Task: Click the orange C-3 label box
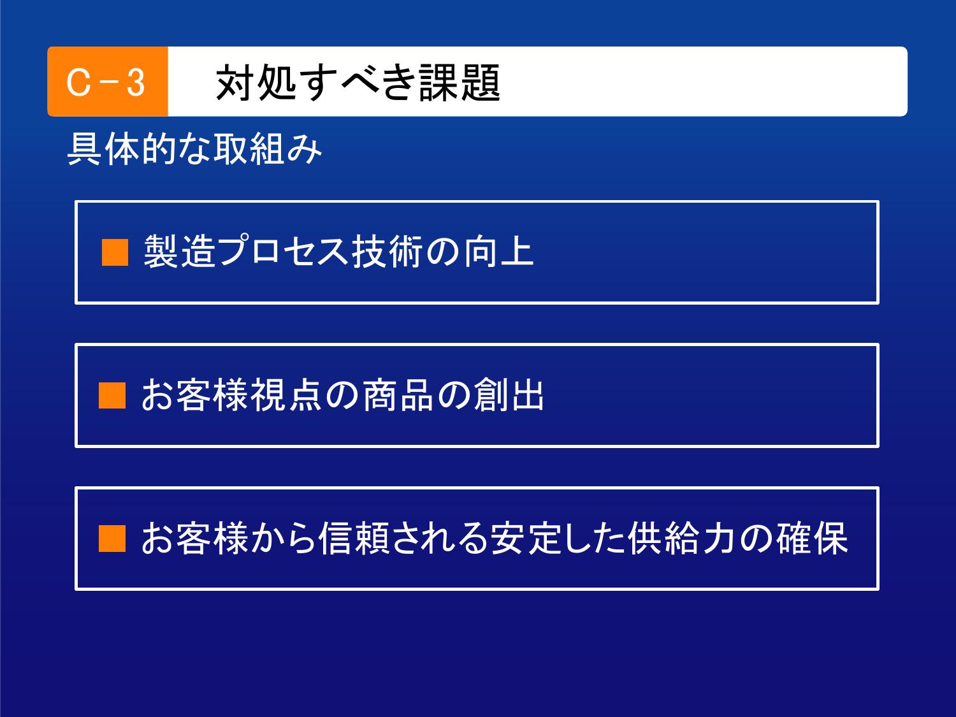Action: click(x=108, y=82)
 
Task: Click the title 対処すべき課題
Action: click(x=358, y=82)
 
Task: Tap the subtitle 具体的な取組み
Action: click(x=194, y=149)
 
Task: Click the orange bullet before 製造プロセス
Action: click(x=115, y=252)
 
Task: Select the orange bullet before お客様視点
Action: click(x=112, y=395)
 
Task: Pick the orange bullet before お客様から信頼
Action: click(x=112, y=539)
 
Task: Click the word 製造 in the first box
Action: click(x=180, y=251)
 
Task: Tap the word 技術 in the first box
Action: click(x=387, y=251)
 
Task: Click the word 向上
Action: click(x=498, y=251)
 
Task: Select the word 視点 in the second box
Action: click(x=287, y=395)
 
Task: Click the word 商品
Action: click(x=398, y=395)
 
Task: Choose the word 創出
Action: click(x=509, y=395)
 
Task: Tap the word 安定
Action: click(x=526, y=538)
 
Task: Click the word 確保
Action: click(x=812, y=538)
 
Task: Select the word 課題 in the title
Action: click(x=460, y=82)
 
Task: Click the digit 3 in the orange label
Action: click(x=136, y=83)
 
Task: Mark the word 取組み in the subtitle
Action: click(x=268, y=149)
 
